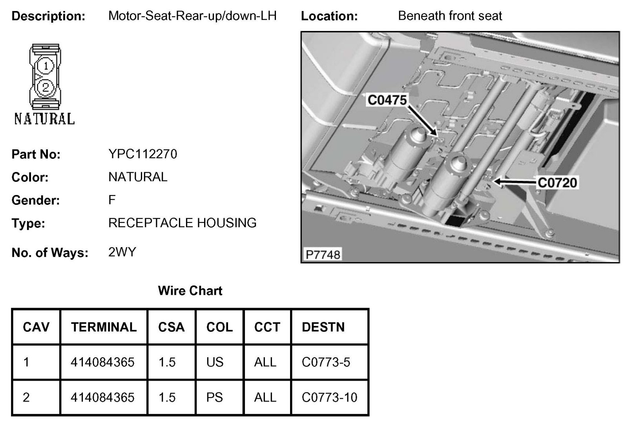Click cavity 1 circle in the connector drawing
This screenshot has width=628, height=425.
[46, 66]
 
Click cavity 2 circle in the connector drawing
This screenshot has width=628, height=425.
[46, 87]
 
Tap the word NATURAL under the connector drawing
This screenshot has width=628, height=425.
[44, 119]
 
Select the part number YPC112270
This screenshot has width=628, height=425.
[142, 154]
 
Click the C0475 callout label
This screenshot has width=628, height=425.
[387, 100]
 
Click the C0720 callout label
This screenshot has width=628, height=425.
[557, 182]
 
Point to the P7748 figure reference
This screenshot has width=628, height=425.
[323, 255]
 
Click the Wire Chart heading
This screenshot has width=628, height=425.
[190, 291]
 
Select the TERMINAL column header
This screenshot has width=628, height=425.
[104, 327]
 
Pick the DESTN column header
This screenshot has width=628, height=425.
[323, 327]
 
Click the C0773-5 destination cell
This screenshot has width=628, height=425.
[326, 362]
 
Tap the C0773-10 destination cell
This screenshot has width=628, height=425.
[329, 397]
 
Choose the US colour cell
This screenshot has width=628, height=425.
[215, 362]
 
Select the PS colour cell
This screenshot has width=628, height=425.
[214, 397]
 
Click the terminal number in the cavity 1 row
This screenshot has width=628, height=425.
[102, 362]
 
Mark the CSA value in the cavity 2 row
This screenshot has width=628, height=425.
[167, 397]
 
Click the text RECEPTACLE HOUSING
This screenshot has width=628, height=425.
[182, 223]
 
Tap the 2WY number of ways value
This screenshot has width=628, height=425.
[122, 252]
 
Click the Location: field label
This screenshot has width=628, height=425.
[329, 16]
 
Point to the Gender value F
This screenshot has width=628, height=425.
[112, 200]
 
